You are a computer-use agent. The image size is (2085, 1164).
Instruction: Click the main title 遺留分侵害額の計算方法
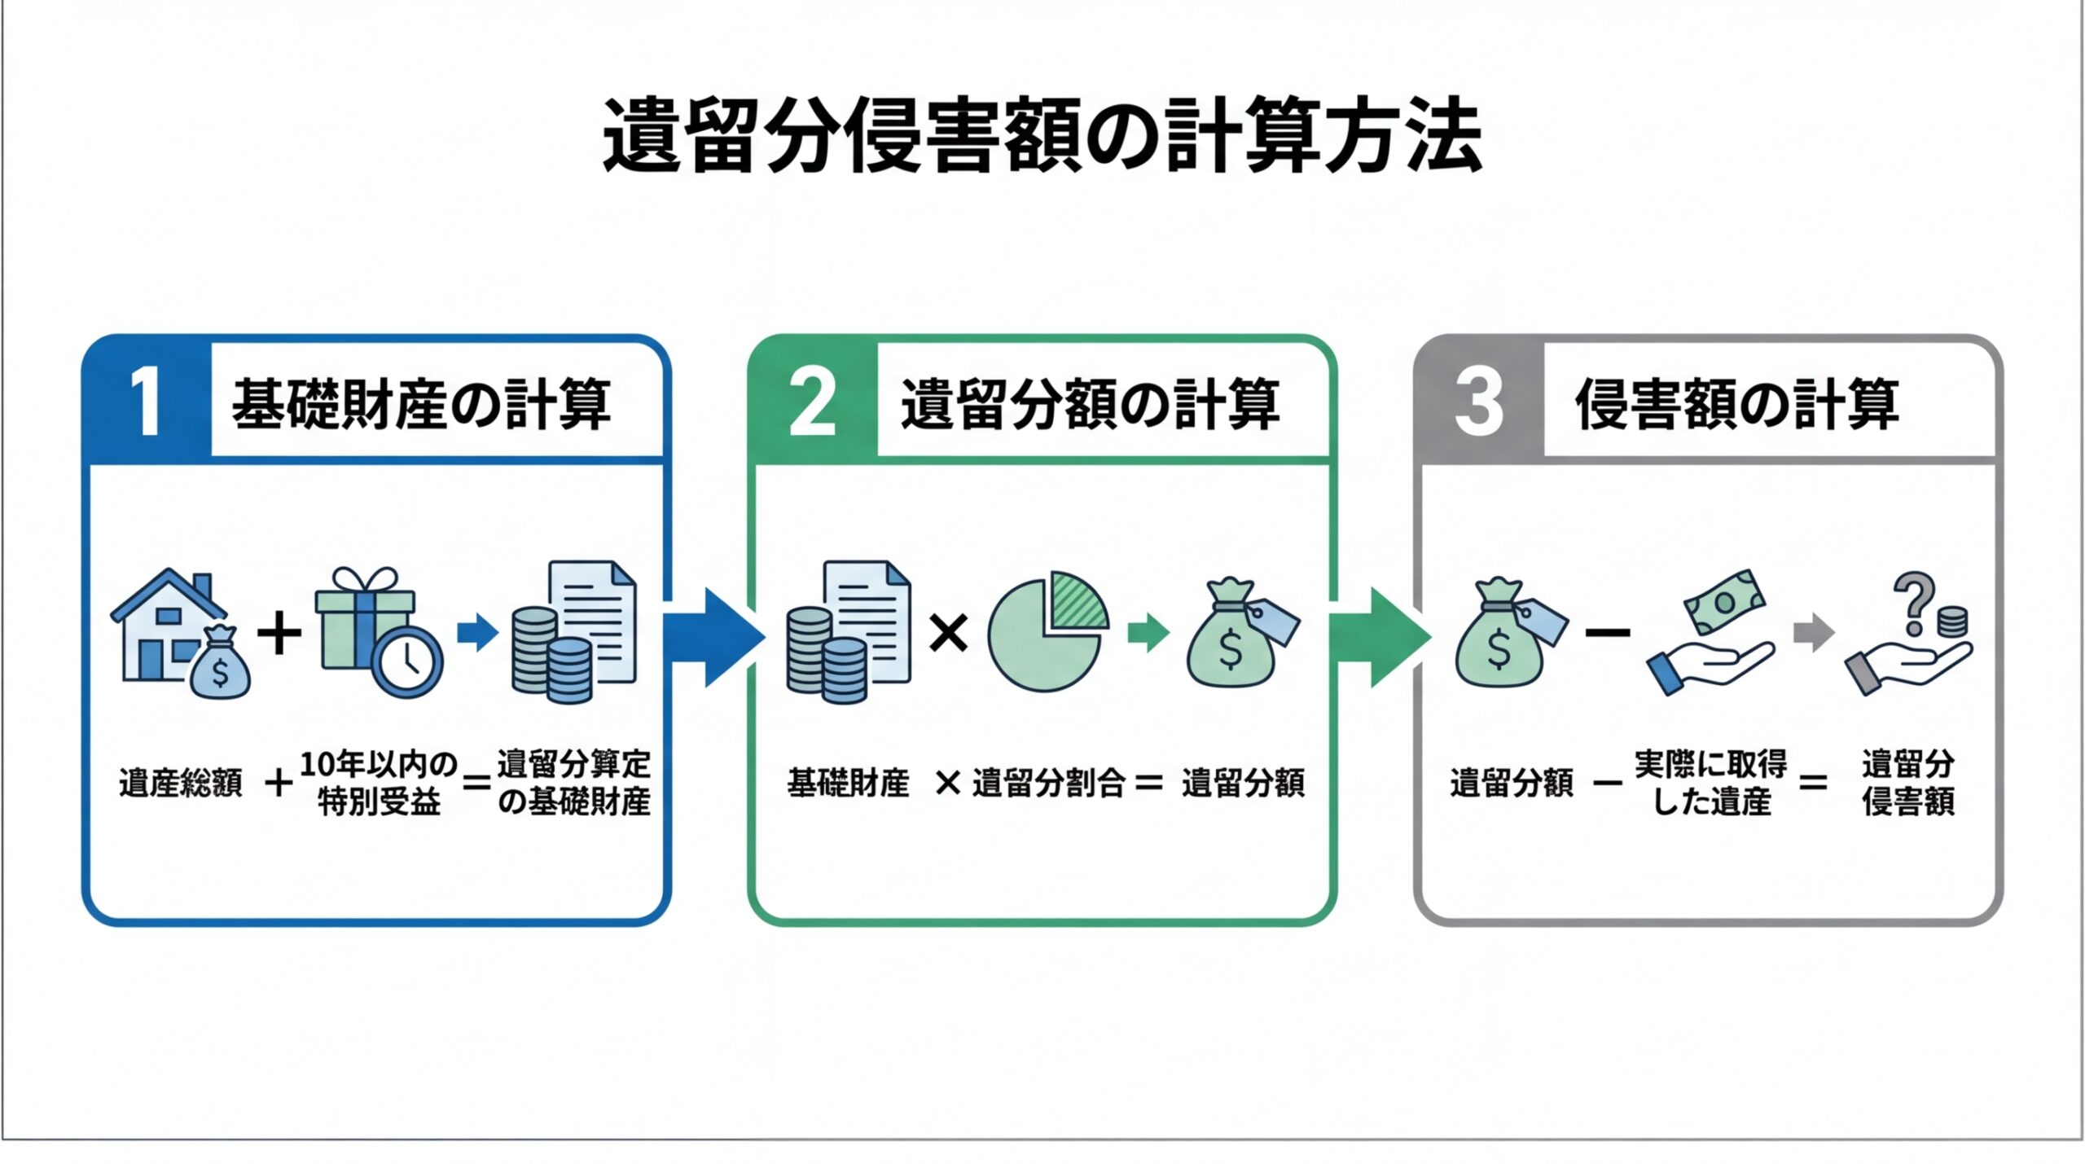click(1042, 135)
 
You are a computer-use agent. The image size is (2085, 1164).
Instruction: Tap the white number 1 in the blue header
click(147, 402)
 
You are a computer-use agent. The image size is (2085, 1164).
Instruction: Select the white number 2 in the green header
click(812, 402)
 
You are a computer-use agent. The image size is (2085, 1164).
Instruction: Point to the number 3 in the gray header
click(1478, 402)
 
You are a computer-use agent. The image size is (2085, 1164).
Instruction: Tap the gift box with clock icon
click(376, 631)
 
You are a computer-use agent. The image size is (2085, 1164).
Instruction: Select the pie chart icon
click(1047, 633)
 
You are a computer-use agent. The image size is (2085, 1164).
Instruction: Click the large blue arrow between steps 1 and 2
click(713, 637)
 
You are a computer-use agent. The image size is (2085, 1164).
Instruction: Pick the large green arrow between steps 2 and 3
click(1379, 637)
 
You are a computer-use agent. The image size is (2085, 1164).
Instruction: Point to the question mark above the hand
click(1913, 603)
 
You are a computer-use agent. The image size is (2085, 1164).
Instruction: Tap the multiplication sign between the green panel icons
click(948, 633)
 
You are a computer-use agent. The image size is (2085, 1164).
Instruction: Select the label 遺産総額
click(181, 784)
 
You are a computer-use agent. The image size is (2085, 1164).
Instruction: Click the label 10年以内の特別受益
click(379, 784)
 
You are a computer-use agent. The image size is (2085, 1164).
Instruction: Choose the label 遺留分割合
click(1048, 784)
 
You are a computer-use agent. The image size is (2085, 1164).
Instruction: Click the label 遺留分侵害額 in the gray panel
click(1908, 784)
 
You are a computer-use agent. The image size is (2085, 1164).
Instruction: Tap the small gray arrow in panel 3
click(1814, 633)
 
